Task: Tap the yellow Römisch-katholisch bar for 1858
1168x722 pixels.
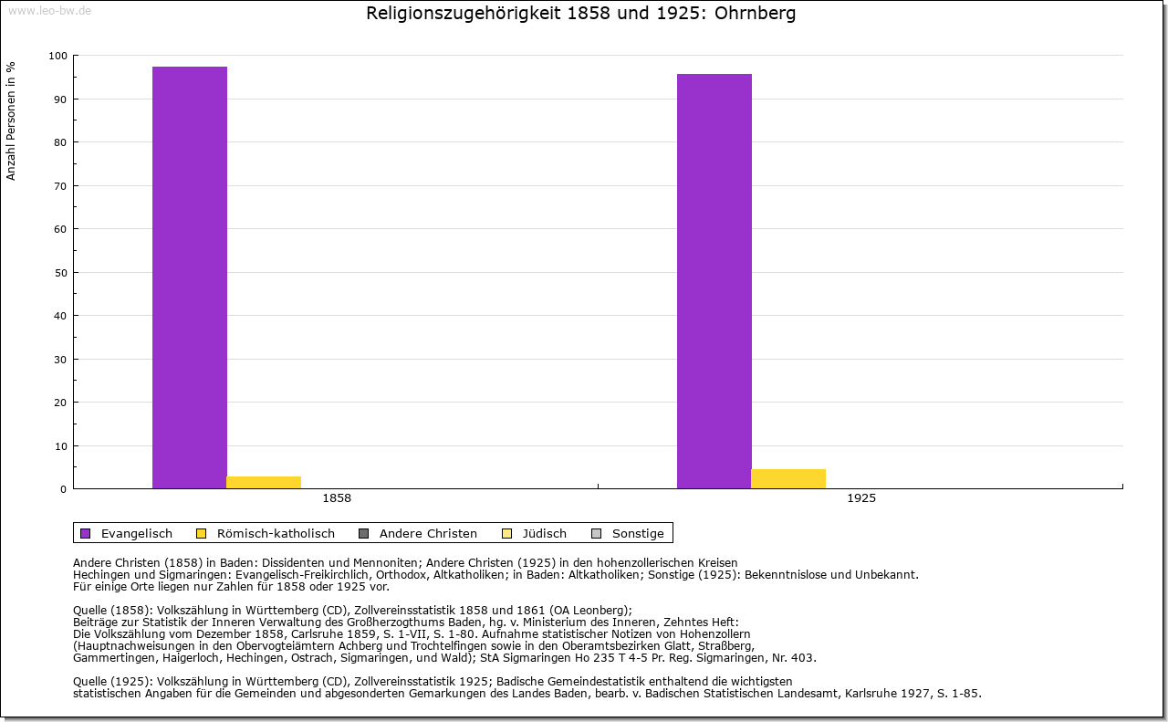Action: [264, 483]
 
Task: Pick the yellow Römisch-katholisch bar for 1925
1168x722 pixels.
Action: [788, 479]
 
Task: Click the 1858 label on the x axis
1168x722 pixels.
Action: [337, 499]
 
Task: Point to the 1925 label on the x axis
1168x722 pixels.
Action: [861, 499]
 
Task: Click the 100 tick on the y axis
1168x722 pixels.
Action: [58, 56]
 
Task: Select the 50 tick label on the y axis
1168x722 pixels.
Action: [60, 273]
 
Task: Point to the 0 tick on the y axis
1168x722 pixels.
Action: [63, 489]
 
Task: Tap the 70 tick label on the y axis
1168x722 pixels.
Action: [60, 186]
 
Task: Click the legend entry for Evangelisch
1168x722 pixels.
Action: [136, 533]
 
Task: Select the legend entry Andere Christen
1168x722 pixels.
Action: [428, 533]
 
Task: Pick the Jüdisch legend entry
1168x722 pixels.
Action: [543, 533]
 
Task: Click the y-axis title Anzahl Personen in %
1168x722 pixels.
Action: [11, 120]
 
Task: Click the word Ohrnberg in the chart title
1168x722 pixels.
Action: [756, 14]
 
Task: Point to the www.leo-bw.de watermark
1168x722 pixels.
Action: [49, 11]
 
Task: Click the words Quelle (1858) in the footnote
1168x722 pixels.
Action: [109, 611]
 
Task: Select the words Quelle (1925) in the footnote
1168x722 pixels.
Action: [109, 681]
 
